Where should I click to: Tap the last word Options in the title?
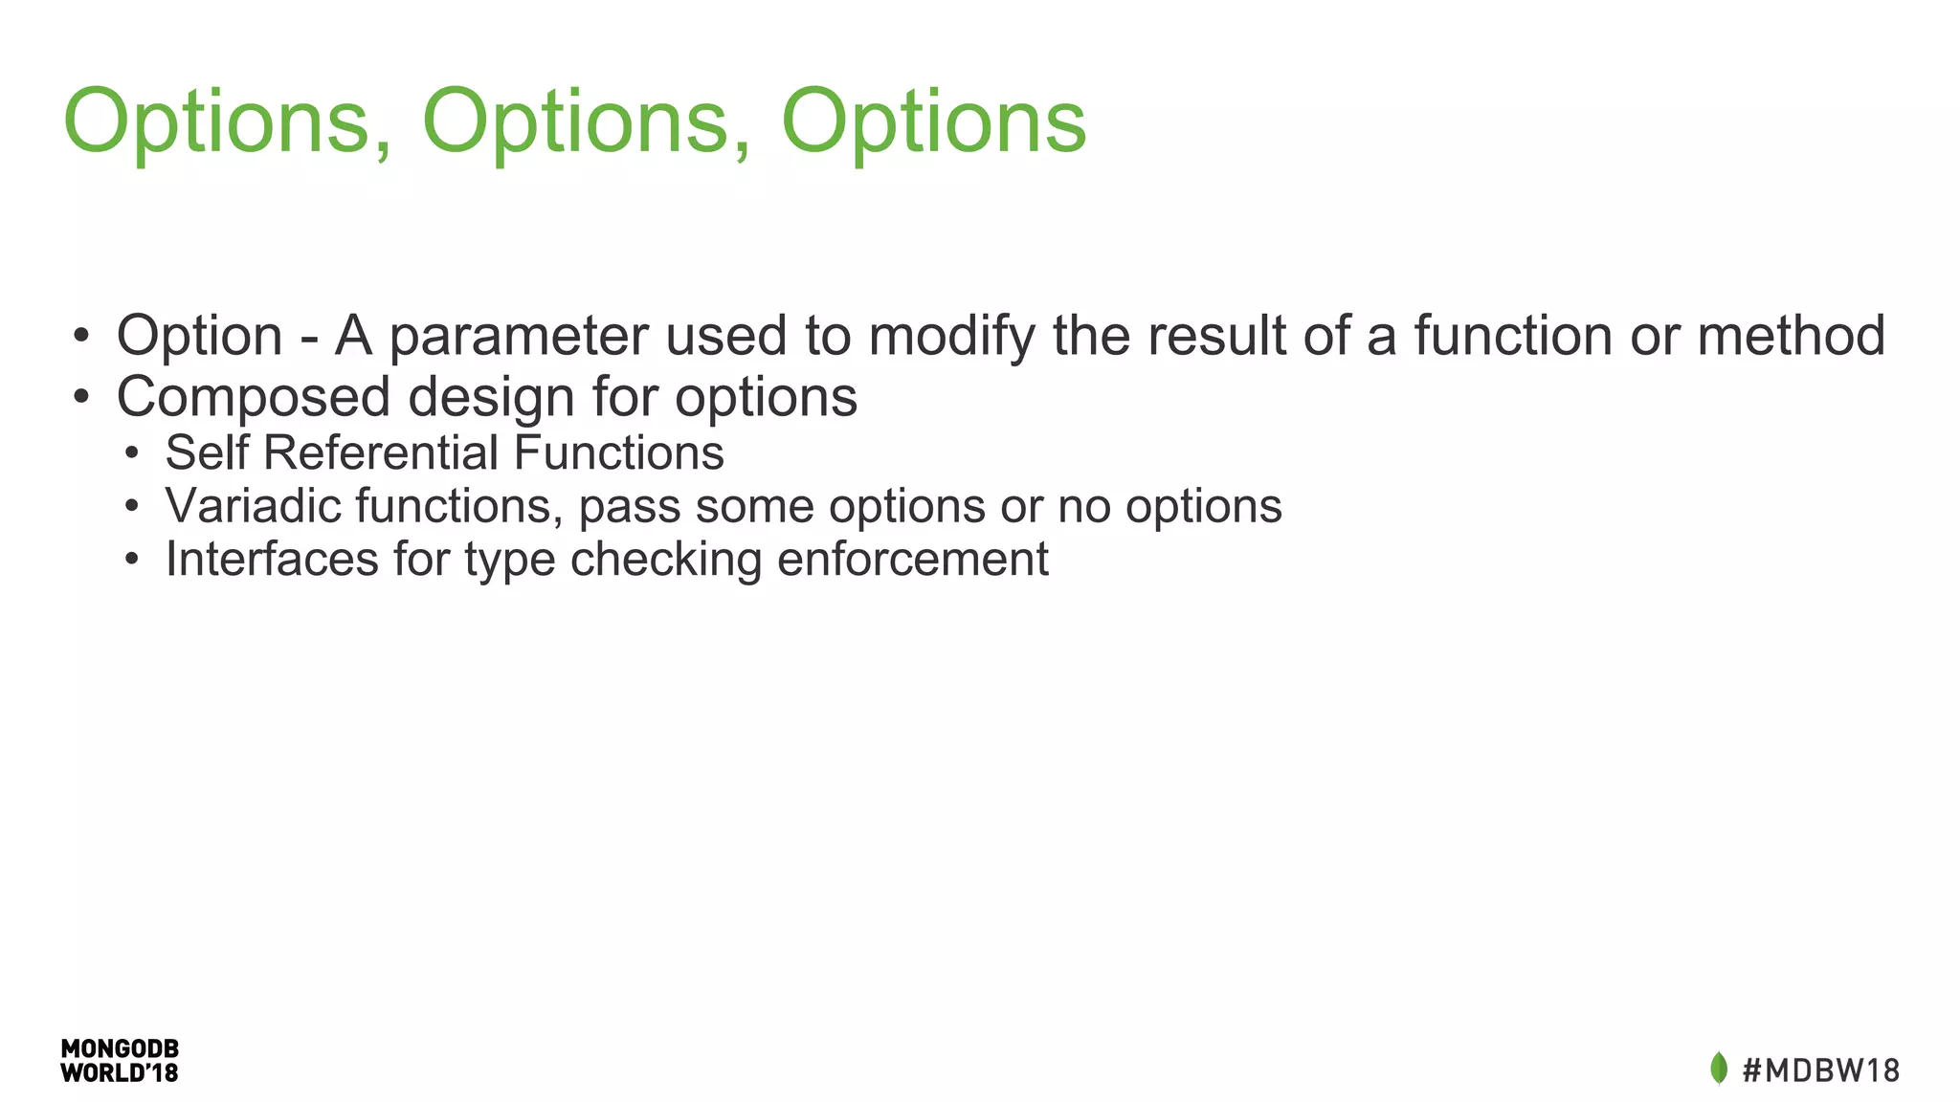click(933, 122)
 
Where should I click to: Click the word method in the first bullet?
click(1791, 337)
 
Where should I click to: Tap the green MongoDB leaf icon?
click(1719, 1069)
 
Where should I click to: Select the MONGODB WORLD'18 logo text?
click(120, 1061)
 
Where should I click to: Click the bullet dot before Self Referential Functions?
click(132, 453)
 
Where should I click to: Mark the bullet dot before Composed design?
click(81, 397)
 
